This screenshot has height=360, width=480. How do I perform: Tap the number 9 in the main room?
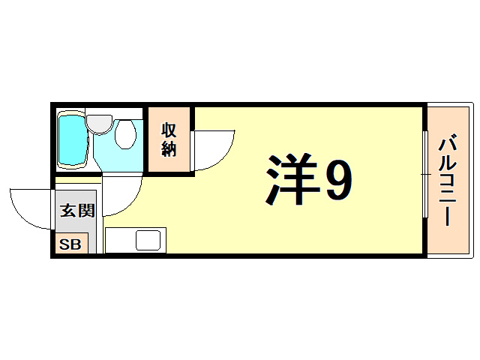pyautogui.click(x=336, y=181)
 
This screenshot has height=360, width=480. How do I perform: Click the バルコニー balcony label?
pyautogui.click(x=448, y=180)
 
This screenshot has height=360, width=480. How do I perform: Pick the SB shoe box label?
pyautogui.click(x=71, y=244)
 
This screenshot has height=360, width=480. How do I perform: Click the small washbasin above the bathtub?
pyautogui.click(x=97, y=121)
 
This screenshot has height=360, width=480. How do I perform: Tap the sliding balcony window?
pyautogui.click(x=425, y=174)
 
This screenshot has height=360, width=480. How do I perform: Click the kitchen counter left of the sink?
pyautogui.click(x=119, y=241)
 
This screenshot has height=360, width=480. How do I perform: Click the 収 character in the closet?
pyautogui.click(x=169, y=129)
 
